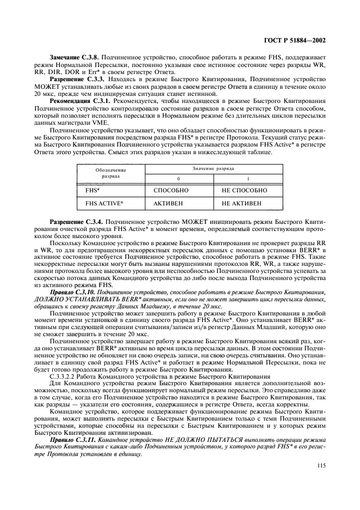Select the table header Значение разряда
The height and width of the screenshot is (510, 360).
point(215,170)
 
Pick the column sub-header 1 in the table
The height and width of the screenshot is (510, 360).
point(248,179)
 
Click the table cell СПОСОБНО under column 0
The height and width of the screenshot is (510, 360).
point(171,191)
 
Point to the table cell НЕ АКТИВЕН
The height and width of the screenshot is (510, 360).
point(241,204)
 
